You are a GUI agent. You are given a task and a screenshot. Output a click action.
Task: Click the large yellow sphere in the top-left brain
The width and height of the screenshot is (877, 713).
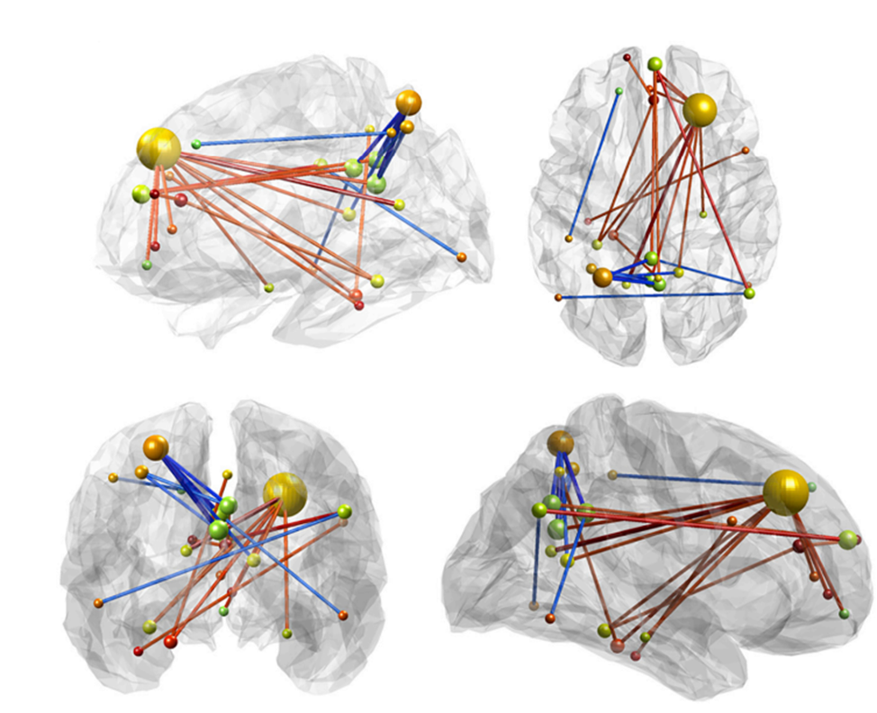158,148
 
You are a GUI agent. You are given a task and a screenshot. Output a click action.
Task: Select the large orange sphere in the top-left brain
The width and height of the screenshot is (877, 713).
408,102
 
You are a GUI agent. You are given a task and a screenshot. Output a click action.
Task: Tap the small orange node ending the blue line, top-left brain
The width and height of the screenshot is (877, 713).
461,257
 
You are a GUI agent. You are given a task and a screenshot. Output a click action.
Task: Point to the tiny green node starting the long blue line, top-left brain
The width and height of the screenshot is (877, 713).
196,144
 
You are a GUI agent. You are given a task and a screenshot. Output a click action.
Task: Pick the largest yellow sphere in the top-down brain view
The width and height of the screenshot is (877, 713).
700,111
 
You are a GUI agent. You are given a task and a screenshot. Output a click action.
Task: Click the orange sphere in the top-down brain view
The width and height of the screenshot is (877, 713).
602,277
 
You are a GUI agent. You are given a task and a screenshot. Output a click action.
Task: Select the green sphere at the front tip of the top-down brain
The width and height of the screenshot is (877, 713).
655,64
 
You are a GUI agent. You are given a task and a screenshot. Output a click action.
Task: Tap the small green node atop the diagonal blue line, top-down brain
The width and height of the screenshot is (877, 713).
619,91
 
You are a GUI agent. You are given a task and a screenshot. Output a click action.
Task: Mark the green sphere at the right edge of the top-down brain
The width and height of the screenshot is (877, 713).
749,293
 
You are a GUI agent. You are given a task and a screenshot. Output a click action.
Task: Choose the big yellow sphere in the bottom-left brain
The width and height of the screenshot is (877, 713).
285,492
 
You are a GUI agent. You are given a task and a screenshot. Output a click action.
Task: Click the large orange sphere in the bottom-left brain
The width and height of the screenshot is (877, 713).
156,446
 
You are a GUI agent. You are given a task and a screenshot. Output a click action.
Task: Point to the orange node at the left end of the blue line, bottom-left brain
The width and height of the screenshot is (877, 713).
98,602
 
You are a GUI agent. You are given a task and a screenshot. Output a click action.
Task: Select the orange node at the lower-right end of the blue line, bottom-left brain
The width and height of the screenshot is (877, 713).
343,615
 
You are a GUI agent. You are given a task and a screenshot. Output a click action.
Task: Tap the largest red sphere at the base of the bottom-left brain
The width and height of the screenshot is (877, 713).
169,641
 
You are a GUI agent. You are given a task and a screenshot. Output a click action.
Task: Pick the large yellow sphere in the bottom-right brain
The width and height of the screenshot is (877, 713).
785,493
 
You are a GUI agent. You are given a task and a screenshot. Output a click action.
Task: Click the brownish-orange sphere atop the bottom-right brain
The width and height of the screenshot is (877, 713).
560,442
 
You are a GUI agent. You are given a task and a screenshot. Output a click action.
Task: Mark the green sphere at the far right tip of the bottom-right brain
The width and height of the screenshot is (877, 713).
848,539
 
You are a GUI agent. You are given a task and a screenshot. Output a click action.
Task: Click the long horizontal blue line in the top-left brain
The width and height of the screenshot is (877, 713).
288,139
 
